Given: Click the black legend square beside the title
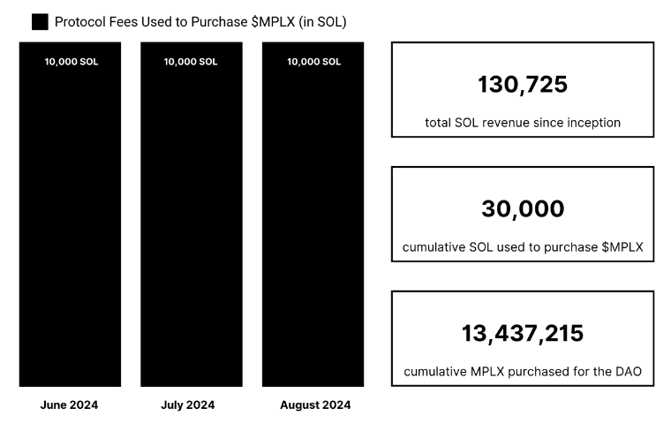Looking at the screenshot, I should pyautogui.click(x=39, y=21).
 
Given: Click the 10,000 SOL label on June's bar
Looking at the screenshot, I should pyautogui.click(x=70, y=62).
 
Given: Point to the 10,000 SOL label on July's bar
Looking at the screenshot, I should pyautogui.click(x=191, y=62).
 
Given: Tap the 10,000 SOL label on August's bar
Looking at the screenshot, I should pyautogui.click(x=313, y=62).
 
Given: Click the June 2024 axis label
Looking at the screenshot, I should pyautogui.click(x=70, y=405).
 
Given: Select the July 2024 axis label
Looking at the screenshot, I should pyautogui.click(x=188, y=405).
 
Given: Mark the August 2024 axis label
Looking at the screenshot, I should pyautogui.click(x=315, y=405).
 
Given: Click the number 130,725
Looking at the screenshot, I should pyautogui.click(x=523, y=85).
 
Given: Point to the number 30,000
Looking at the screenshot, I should pyautogui.click(x=523, y=209).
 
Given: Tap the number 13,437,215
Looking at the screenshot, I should pyautogui.click(x=523, y=334).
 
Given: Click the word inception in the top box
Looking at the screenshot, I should pyautogui.click(x=591, y=123).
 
